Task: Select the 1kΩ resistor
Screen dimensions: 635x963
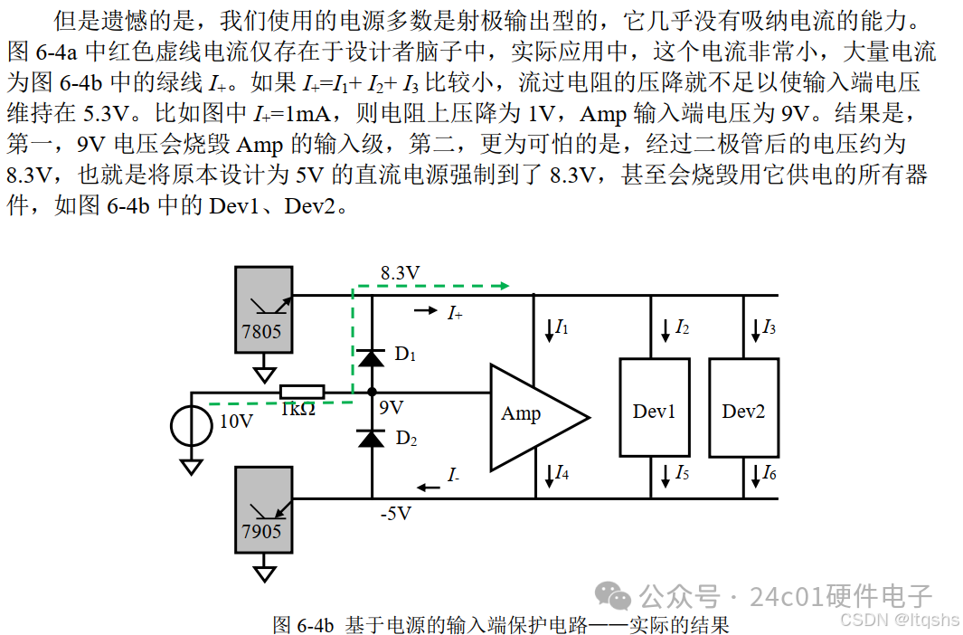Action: point(301,392)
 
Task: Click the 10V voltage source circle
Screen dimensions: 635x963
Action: point(192,424)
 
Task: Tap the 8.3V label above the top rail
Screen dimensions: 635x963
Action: point(400,272)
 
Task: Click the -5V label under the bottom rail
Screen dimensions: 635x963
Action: point(395,514)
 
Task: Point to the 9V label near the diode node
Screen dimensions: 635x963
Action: point(391,408)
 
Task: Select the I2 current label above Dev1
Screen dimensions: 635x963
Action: point(682,327)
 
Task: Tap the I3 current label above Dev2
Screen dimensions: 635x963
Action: point(769,327)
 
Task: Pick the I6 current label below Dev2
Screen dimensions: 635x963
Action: point(769,472)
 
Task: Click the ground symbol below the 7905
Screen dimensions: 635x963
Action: point(263,572)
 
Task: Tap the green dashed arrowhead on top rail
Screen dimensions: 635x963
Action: point(503,286)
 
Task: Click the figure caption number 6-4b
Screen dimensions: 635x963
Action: point(316,625)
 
